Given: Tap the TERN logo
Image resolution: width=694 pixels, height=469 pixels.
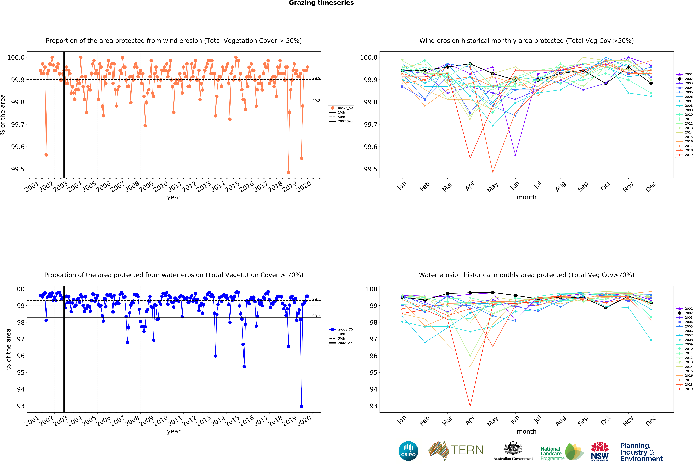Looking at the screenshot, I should click(x=456, y=450).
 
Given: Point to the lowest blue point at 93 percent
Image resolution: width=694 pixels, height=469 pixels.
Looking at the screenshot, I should click(x=301, y=407).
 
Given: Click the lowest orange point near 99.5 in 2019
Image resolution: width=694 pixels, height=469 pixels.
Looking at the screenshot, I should click(x=288, y=172).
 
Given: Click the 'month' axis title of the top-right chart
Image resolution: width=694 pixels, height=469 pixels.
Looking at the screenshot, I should click(x=526, y=197).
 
